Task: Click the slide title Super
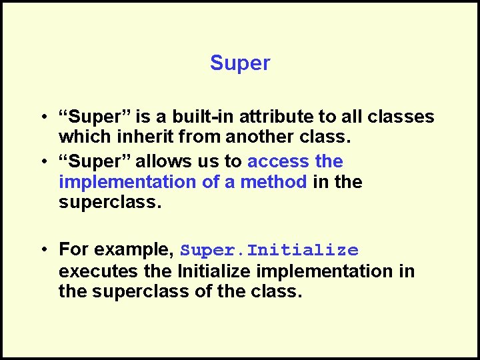click(240, 63)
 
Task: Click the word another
click(256, 137)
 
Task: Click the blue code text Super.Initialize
click(269, 251)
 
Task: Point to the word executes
click(98, 271)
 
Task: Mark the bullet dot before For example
click(43, 250)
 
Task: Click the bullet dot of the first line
click(43, 117)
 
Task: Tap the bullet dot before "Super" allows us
click(43, 161)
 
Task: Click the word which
click(79, 137)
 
